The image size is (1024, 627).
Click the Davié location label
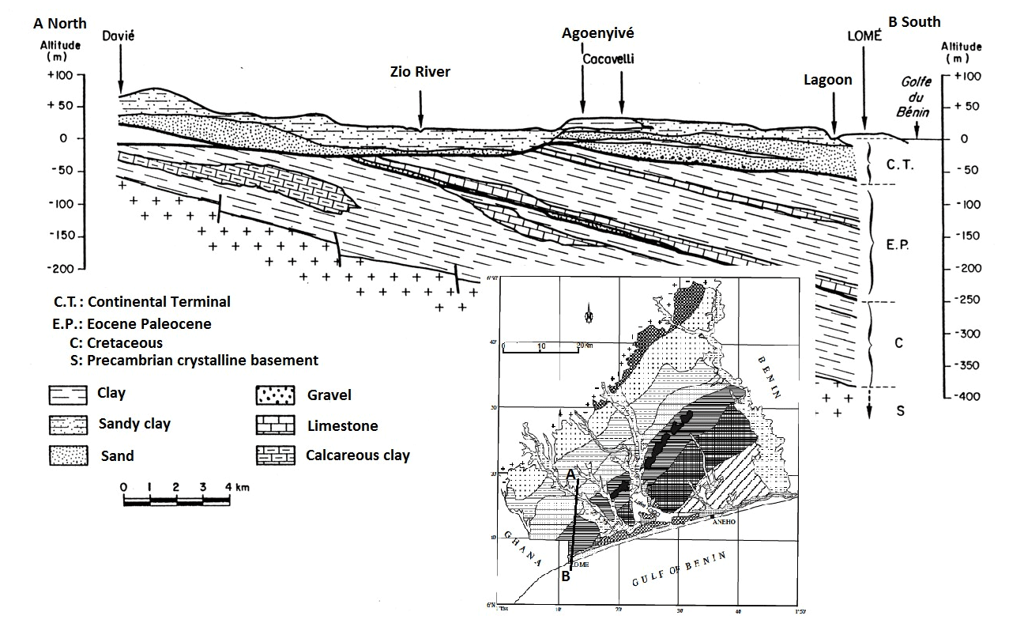click(119, 36)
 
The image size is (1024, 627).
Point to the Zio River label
click(420, 72)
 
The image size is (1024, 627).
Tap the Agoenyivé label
click(597, 33)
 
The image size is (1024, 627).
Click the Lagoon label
click(828, 80)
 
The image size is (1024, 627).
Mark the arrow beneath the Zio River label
click(420, 108)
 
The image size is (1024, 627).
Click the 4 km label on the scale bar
click(236, 487)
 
